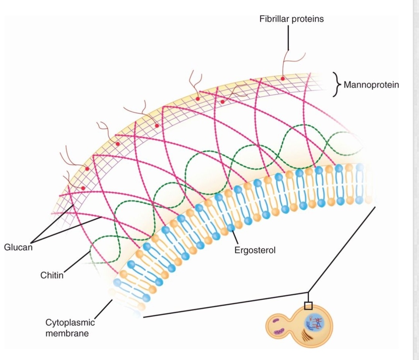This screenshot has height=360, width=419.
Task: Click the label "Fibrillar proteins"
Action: [x=291, y=19]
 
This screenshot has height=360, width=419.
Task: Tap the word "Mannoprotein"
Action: [x=371, y=85]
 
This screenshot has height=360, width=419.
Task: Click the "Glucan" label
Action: [x=18, y=247]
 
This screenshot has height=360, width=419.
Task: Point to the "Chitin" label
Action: [x=52, y=276]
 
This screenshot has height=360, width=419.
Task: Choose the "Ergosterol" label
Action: [x=255, y=250]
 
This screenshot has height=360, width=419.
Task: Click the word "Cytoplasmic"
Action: [x=70, y=322]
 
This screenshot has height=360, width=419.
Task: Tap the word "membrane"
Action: [x=67, y=333]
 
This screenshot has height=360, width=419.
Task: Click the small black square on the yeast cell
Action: [x=308, y=306]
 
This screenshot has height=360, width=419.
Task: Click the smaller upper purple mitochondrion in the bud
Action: [x=276, y=320]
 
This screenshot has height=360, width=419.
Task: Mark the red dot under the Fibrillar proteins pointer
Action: [x=282, y=79]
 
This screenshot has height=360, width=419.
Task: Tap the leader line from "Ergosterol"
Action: [x=235, y=237]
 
